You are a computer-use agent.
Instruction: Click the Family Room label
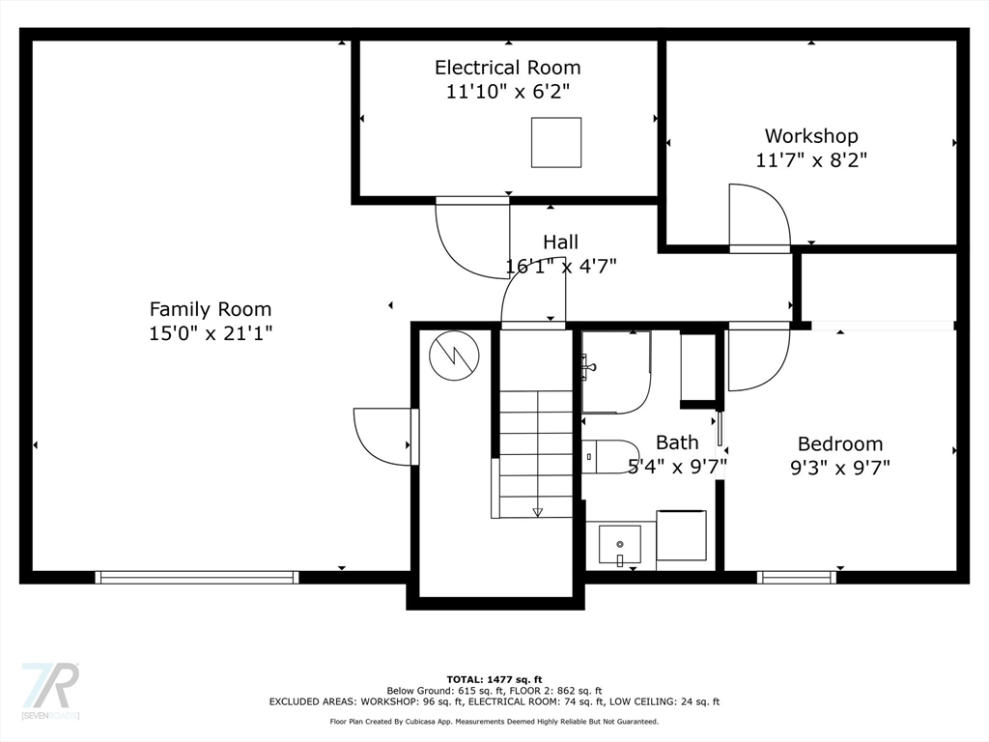[x=210, y=309]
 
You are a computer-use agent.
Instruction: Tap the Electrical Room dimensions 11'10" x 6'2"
[x=508, y=92]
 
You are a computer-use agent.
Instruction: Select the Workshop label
[x=811, y=136]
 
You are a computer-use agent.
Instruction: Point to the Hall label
[x=561, y=243]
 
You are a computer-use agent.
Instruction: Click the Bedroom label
[x=840, y=444]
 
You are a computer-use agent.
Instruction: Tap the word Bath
[x=677, y=442]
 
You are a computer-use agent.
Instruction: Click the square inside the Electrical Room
[x=556, y=143]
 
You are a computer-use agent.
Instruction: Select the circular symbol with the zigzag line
[x=454, y=356]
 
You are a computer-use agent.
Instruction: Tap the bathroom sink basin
[x=619, y=545]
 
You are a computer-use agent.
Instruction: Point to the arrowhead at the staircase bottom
[x=537, y=512]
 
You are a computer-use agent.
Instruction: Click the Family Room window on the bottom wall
[x=197, y=578]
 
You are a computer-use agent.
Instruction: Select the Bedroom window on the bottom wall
[x=797, y=578]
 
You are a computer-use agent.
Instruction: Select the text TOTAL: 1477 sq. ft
[x=494, y=679]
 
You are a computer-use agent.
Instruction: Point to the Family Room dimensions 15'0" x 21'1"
[x=211, y=333]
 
